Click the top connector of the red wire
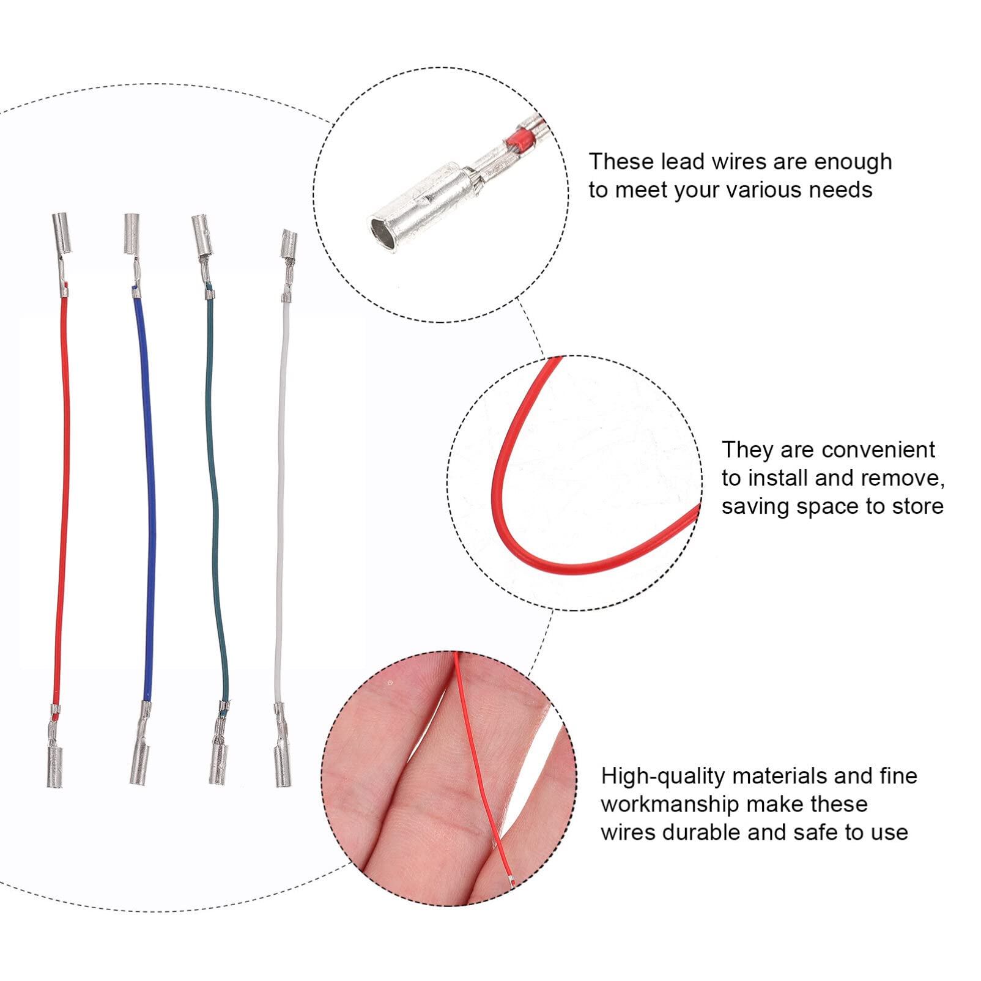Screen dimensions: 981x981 61,232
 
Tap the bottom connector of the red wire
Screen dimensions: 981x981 55,766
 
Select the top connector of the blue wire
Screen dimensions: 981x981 131,234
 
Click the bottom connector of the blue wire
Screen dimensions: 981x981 139,761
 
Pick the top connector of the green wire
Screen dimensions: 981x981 201,231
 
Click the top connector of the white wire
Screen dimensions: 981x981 289,245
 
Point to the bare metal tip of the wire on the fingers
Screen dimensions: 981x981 511,881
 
